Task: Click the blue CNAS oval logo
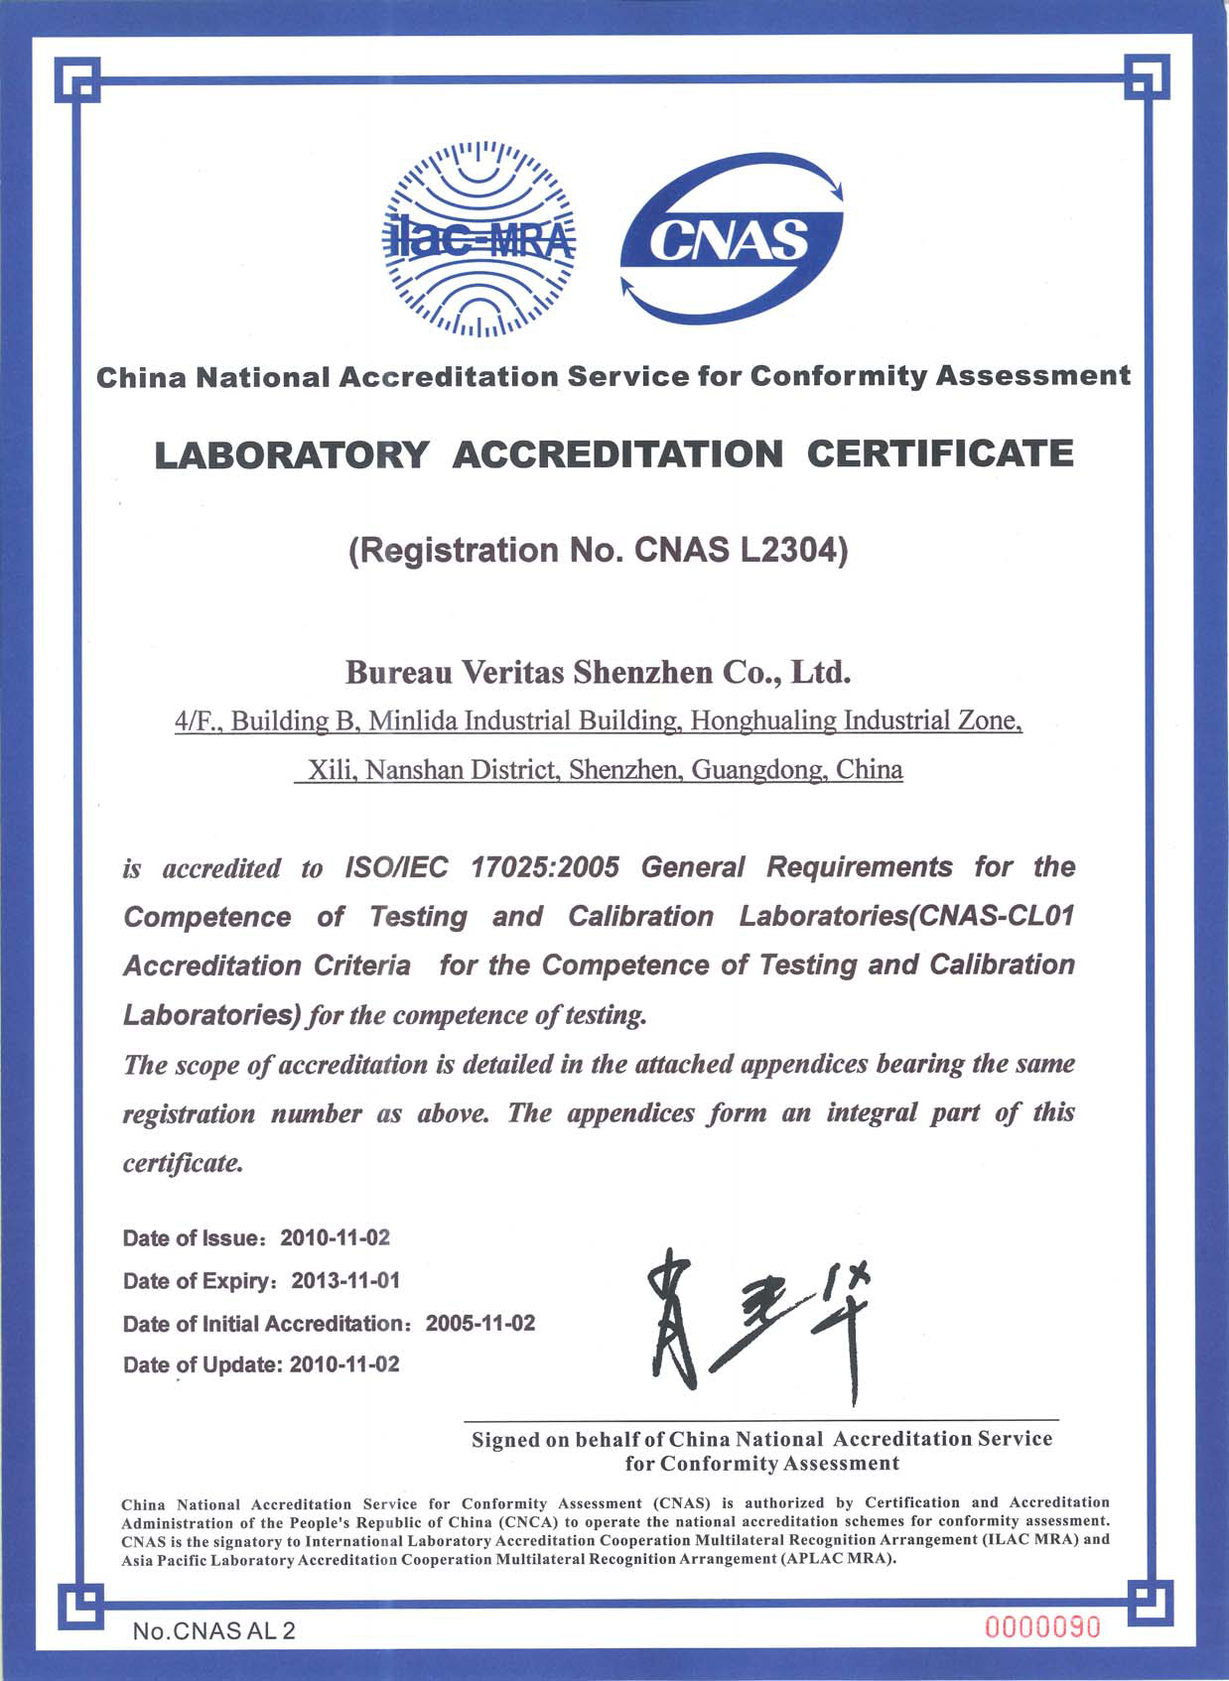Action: [732, 238]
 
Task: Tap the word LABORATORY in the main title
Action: [292, 454]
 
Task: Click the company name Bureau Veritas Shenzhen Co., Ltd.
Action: [599, 673]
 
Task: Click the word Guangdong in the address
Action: [758, 769]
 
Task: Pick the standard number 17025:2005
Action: [545, 867]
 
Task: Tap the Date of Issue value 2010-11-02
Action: [336, 1237]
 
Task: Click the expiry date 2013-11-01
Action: [345, 1280]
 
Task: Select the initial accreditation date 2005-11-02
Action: [480, 1323]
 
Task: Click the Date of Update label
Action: [203, 1364]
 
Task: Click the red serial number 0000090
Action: [1042, 1627]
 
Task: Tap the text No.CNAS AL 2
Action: [214, 1630]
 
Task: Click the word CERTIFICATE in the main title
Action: [939, 454]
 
